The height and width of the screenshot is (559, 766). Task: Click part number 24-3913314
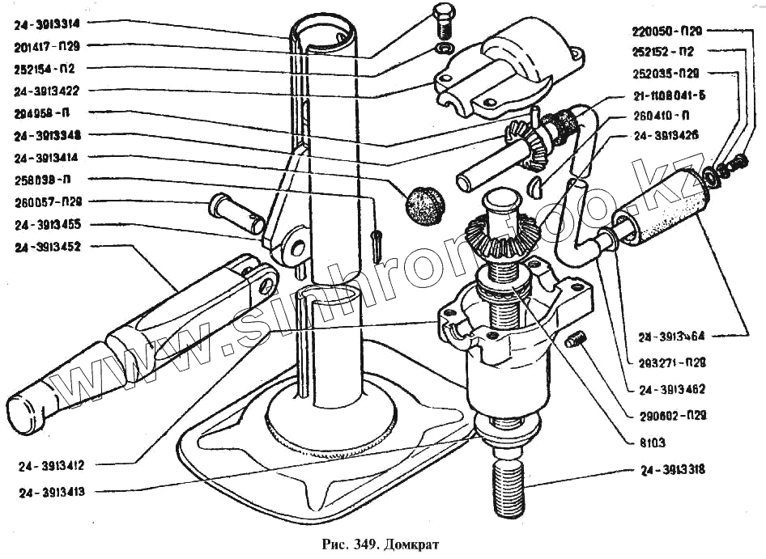point(53,24)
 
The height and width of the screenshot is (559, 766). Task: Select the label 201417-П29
point(53,46)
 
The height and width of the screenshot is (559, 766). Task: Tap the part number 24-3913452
point(53,246)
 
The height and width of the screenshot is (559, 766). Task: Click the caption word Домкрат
point(411,543)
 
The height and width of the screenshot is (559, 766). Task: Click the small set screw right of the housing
point(575,341)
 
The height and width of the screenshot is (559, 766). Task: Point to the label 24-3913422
point(53,90)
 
